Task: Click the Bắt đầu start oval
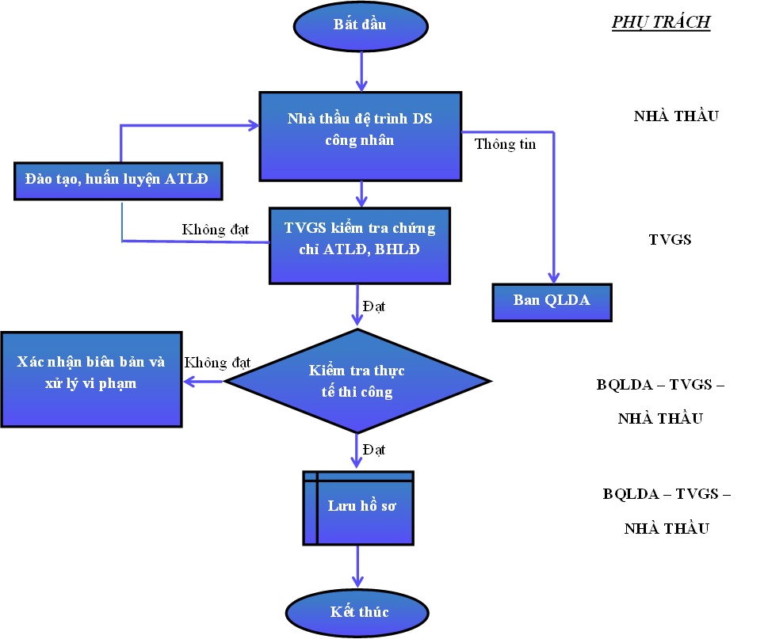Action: (x=361, y=25)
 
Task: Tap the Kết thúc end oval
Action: (x=361, y=612)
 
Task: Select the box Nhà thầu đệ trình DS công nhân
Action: (x=361, y=135)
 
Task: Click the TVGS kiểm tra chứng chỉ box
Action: (x=360, y=245)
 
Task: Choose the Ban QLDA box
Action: (x=552, y=302)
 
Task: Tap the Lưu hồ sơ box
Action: (x=358, y=508)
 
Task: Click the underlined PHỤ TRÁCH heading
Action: (x=660, y=22)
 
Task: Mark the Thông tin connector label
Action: (x=506, y=144)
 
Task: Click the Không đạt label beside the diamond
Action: (x=217, y=363)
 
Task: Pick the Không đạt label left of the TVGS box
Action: (x=216, y=230)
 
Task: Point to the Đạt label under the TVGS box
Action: (x=373, y=305)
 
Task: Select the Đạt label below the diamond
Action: (x=373, y=450)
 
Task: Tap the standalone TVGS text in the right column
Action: (x=670, y=238)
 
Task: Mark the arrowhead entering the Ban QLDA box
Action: (x=552, y=276)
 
